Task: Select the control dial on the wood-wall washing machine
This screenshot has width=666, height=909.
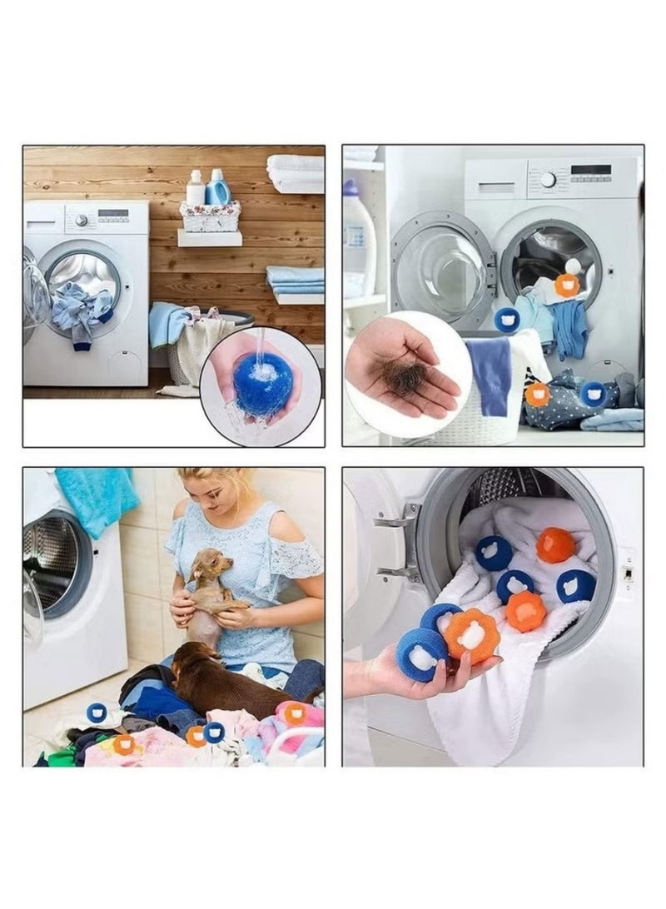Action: coord(82,220)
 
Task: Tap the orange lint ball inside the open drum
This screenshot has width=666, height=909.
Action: coord(567,285)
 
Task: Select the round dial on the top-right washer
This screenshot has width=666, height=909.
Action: coord(548,179)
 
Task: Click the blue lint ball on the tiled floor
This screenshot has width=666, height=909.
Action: coord(97,713)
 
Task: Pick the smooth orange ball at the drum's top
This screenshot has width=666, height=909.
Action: coord(555,545)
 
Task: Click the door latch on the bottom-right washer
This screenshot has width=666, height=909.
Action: coord(626,573)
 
